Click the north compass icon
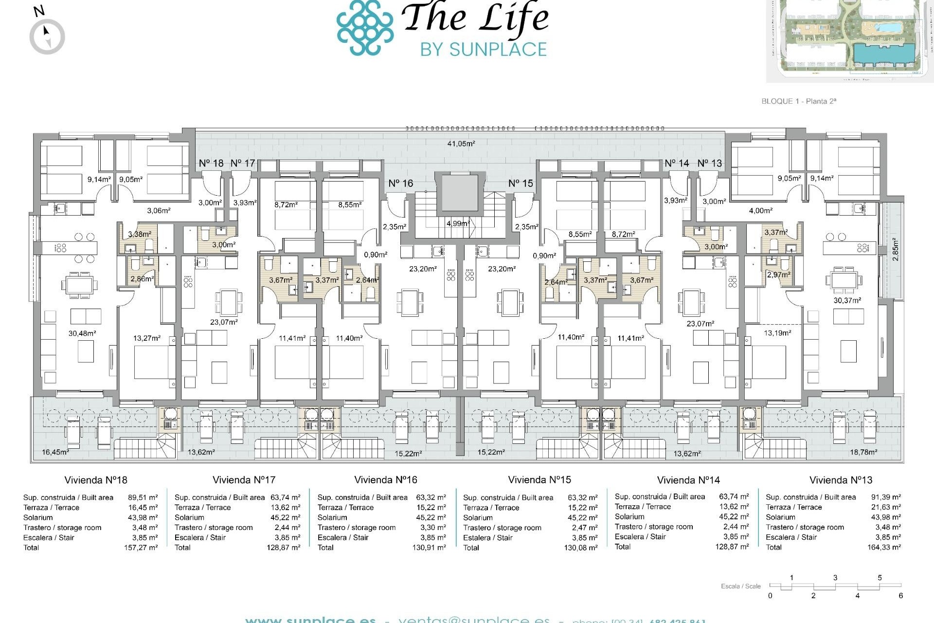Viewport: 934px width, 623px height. pyautogui.click(x=47, y=36)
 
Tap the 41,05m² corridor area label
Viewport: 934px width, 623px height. pyautogui.click(x=461, y=144)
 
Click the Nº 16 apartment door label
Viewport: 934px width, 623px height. pyautogui.click(x=400, y=183)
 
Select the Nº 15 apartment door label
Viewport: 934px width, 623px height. pyautogui.click(x=521, y=183)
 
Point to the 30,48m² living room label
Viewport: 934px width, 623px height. pyautogui.click(x=82, y=333)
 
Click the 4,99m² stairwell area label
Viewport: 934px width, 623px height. pyautogui.click(x=457, y=223)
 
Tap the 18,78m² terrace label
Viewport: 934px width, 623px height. pyautogui.click(x=863, y=452)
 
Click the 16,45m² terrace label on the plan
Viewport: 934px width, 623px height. pyautogui.click(x=55, y=452)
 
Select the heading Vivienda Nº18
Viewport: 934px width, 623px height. pyautogui.click(x=96, y=480)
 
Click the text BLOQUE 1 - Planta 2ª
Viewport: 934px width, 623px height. pyautogui.click(x=798, y=101)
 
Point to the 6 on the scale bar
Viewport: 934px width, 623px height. pyautogui.click(x=900, y=596)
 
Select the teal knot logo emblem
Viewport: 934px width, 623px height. pyautogui.click(x=365, y=27)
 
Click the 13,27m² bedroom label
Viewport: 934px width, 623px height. pyautogui.click(x=147, y=338)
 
